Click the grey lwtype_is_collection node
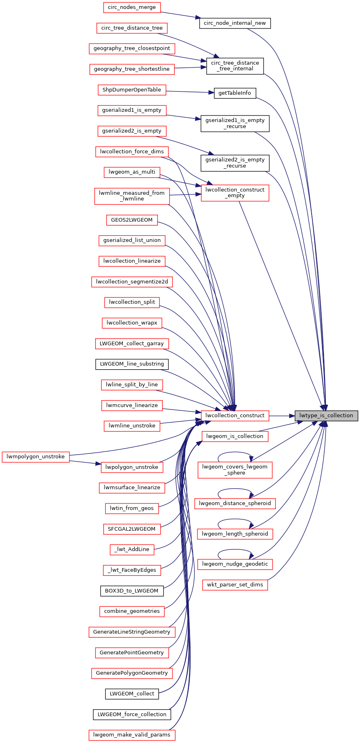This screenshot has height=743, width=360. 327,416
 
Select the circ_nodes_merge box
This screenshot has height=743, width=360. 132,7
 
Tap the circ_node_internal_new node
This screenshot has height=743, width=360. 235,23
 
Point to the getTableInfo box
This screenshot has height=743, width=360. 235,93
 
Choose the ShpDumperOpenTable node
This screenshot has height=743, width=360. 132,90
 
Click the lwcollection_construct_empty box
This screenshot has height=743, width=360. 235,193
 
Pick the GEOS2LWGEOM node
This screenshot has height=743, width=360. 132,220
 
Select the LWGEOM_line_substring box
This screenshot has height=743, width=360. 132,364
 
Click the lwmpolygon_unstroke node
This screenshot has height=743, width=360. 35,457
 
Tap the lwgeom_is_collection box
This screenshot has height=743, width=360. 235,436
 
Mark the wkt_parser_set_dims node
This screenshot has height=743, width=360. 235,585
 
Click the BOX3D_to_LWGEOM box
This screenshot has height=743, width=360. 132,590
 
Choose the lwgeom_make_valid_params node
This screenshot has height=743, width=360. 132,735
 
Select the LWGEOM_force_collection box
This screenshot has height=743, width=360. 132,714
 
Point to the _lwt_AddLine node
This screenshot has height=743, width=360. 132,549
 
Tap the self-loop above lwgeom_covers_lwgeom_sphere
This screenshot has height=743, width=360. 235,453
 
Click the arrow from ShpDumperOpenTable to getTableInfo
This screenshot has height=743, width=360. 190,92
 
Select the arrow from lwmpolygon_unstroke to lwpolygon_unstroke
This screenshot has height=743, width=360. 85,462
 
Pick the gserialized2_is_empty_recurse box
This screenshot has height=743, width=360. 235,163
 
